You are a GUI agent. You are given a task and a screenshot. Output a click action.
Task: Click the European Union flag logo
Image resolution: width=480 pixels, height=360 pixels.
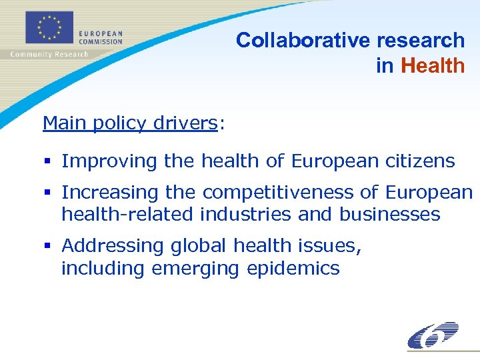click(50, 27)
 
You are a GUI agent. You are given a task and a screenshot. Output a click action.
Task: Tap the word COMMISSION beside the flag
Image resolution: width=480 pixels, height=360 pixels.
click(101, 41)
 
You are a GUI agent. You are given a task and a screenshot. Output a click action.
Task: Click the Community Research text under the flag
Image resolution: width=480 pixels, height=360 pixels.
click(49, 54)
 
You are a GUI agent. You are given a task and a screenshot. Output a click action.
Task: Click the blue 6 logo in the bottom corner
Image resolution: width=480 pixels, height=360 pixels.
click(433, 335)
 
